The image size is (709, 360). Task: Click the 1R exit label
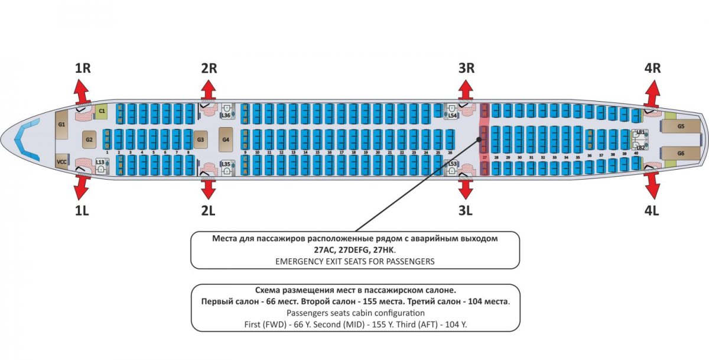pyautogui.click(x=83, y=68)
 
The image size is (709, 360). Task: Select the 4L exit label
pyautogui.click(x=652, y=210)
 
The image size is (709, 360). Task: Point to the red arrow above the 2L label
pyautogui.click(x=209, y=189)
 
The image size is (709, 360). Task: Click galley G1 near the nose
pyautogui.click(x=61, y=125)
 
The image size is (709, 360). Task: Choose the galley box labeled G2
pyautogui.click(x=89, y=140)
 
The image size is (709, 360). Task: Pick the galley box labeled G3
pyautogui.click(x=200, y=140)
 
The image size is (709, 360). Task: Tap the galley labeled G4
pyautogui.click(x=226, y=140)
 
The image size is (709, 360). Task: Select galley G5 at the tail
pyautogui.click(x=681, y=127)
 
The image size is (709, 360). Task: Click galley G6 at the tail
pyautogui.click(x=681, y=153)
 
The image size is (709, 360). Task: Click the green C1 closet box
pyautogui.click(x=102, y=111)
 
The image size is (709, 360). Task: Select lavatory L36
pyautogui.click(x=226, y=112)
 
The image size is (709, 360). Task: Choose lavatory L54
pyautogui.click(x=452, y=112)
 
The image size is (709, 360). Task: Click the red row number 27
pyautogui.click(x=484, y=158)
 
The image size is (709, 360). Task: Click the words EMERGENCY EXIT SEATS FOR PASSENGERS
pyautogui.click(x=355, y=261)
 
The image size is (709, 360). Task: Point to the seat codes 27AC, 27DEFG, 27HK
pyautogui.click(x=355, y=249)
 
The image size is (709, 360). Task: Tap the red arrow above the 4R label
pyautogui.click(x=652, y=91)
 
